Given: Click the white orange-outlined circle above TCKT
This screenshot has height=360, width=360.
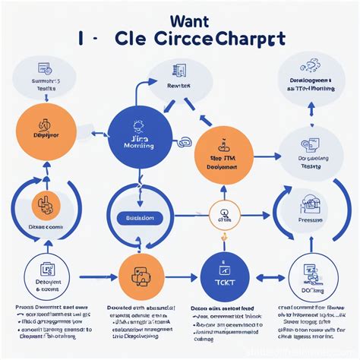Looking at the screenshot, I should click(x=224, y=213).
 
